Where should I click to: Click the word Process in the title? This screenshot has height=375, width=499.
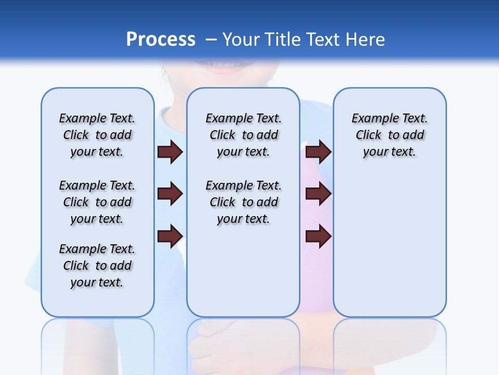click(x=161, y=40)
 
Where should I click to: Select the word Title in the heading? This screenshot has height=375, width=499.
click(x=283, y=40)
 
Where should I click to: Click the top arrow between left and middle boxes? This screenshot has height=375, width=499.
click(x=170, y=152)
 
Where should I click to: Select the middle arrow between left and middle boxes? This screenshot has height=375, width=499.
click(x=170, y=194)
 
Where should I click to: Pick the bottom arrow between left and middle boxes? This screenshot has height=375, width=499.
click(x=170, y=235)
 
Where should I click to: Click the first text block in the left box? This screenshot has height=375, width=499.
click(x=97, y=135)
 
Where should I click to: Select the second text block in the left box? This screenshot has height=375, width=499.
click(x=97, y=202)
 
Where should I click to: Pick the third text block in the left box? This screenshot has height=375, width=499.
click(x=97, y=266)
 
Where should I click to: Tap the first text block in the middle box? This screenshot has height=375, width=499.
click(x=243, y=135)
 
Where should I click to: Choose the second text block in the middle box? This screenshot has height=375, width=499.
click(x=243, y=202)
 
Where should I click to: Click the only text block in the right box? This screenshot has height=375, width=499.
click(x=389, y=135)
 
